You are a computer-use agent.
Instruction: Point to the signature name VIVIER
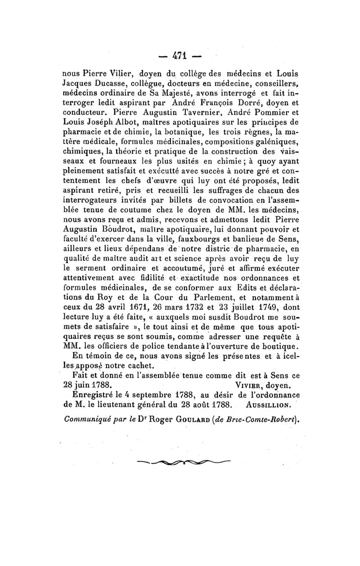[x=250, y=386]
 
